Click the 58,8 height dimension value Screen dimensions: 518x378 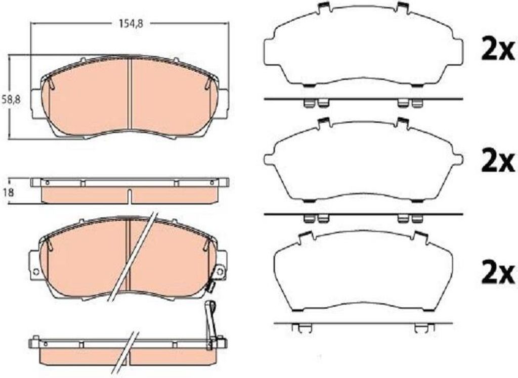point(11,99)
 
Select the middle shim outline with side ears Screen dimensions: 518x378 point(363,160)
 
